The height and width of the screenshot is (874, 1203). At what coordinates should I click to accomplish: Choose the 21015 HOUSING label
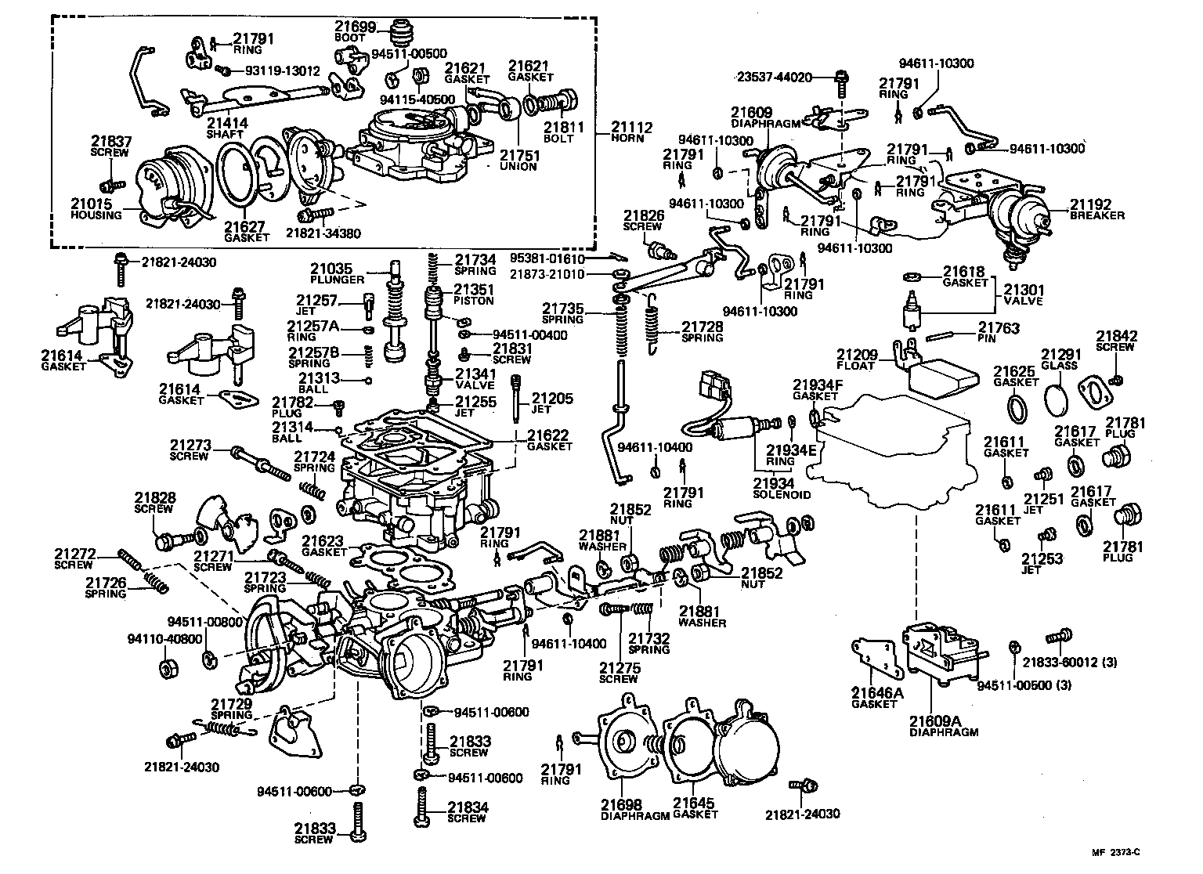(96, 209)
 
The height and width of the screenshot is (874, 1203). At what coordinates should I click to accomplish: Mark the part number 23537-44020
(775, 78)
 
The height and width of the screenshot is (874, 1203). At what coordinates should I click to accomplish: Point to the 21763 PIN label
(999, 333)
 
